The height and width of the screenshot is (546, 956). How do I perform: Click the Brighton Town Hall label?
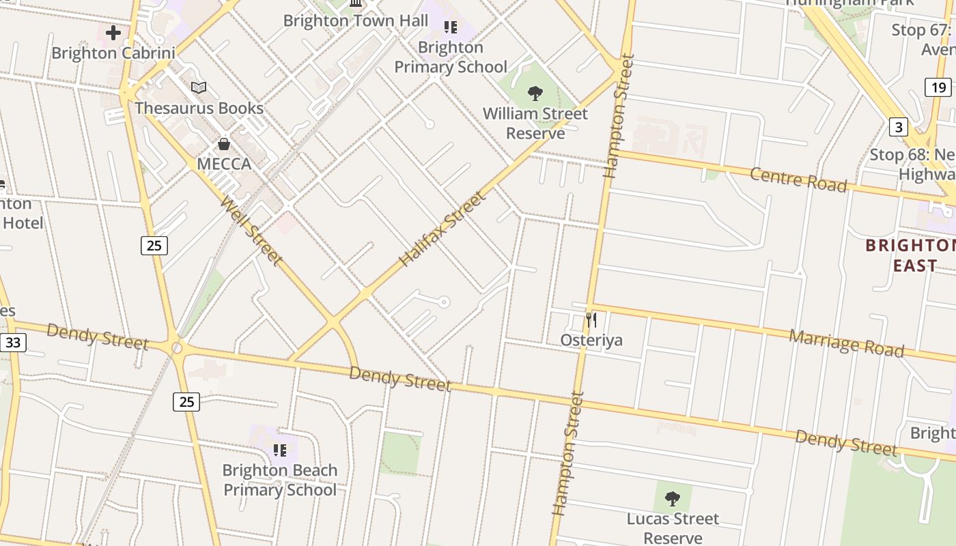[x=356, y=20]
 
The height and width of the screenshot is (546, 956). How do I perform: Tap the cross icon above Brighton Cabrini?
[x=113, y=32]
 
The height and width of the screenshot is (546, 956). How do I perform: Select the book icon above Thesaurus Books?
[x=199, y=87]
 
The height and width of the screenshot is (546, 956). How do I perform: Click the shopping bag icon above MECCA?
[x=224, y=144]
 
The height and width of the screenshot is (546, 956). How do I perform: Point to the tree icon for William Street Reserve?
[x=535, y=93]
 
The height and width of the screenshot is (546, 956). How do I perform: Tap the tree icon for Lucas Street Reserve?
[x=673, y=498]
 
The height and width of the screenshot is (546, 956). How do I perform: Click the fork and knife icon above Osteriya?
[x=591, y=319]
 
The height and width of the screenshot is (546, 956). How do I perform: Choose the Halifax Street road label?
[x=442, y=229]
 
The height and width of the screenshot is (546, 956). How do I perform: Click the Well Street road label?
[x=251, y=230]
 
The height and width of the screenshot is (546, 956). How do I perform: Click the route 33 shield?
[x=13, y=343]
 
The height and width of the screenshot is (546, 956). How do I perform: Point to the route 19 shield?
[x=938, y=87]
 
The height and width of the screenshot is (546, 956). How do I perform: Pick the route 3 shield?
[x=898, y=127]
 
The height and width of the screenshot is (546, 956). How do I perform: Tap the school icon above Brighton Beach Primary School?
[x=279, y=450]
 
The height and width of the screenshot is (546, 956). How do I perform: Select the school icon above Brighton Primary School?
[x=450, y=27]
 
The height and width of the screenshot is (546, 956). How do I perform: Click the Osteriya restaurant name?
[x=591, y=340]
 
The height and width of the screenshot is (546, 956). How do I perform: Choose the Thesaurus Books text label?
[x=199, y=108]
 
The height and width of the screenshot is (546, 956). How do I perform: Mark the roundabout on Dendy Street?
[x=177, y=349]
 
